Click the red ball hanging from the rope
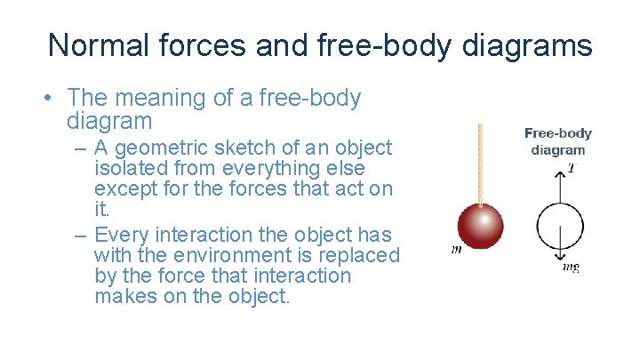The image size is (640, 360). (x=479, y=227)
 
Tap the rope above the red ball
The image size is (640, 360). (x=479, y=164)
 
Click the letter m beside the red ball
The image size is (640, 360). (x=456, y=250)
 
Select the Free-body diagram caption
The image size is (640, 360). (x=558, y=141)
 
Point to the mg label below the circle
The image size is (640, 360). (x=571, y=266)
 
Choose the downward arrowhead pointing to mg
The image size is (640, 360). (x=559, y=258)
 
